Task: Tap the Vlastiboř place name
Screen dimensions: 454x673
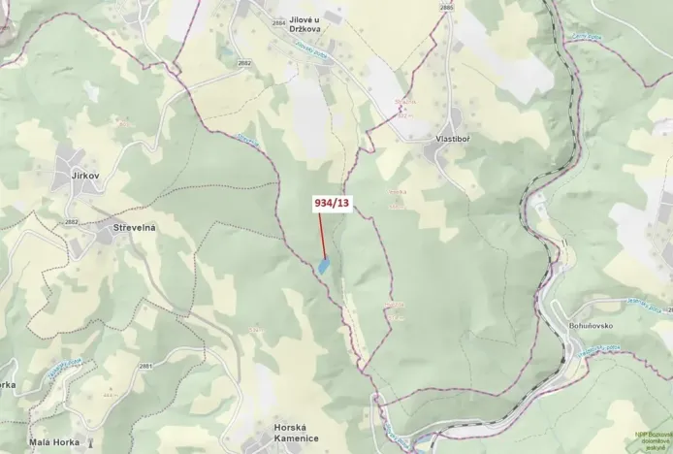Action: coord(454,139)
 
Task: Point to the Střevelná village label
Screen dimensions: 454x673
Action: coord(135,226)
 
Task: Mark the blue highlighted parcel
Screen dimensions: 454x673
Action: coord(323,264)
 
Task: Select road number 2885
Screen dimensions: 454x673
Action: coord(446,7)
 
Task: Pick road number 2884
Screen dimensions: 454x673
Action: coord(279,21)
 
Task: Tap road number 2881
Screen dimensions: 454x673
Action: coord(145,365)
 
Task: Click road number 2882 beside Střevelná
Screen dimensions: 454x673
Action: coord(71,222)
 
